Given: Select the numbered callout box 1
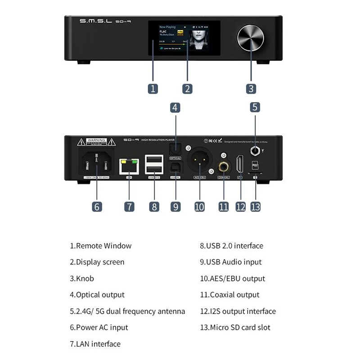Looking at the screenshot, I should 153,88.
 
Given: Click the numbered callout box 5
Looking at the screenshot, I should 255,107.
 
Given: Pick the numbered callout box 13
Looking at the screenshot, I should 255,207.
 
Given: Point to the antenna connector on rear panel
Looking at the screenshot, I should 255,151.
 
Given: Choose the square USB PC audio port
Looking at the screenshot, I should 175,169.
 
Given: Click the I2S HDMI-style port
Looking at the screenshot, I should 240,166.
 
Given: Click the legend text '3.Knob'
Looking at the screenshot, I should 82,279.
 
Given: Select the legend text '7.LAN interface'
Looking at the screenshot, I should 95,344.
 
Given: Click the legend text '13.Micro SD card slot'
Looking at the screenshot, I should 235,328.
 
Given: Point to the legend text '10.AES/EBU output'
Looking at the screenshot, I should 232,279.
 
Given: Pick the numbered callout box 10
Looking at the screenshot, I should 199,207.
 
